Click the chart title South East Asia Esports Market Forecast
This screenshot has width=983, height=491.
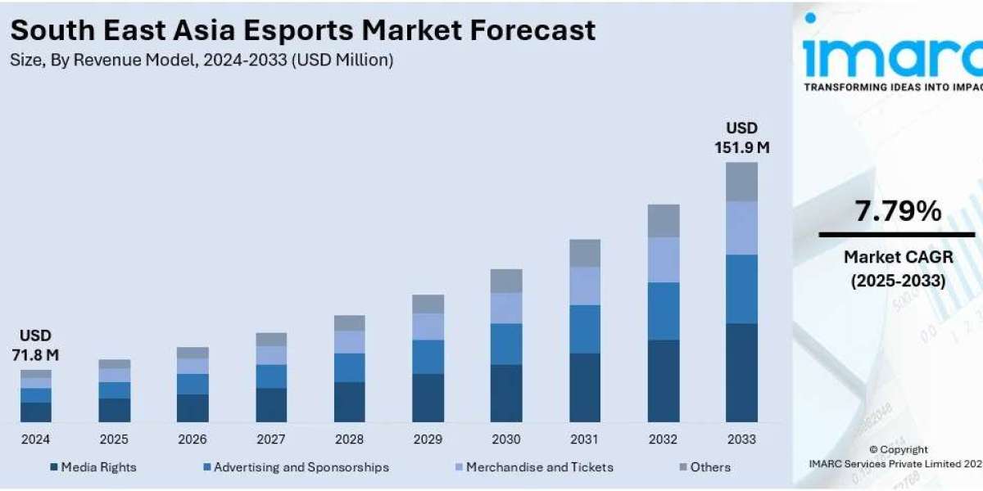(x=303, y=30)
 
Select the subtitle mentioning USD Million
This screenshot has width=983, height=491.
(x=202, y=60)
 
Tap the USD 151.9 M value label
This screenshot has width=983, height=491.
(x=742, y=137)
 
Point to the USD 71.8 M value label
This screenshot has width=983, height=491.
(x=35, y=345)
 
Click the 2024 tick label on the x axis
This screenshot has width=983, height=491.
(x=35, y=439)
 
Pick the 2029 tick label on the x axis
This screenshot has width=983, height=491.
(x=428, y=439)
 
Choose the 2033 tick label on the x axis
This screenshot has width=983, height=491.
(x=741, y=439)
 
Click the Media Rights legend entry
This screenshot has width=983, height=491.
(x=93, y=467)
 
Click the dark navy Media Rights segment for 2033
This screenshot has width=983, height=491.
(x=741, y=372)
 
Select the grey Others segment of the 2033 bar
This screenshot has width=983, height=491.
(x=741, y=182)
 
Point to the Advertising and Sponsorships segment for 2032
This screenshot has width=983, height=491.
(x=664, y=311)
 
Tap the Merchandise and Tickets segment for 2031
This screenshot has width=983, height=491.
(x=585, y=286)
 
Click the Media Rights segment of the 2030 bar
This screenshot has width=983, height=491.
(x=506, y=393)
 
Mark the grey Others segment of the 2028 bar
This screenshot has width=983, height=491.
(x=350, y=322)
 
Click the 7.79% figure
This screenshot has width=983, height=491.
(x=898, y=212)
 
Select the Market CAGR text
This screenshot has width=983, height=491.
(x=898, y=258)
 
